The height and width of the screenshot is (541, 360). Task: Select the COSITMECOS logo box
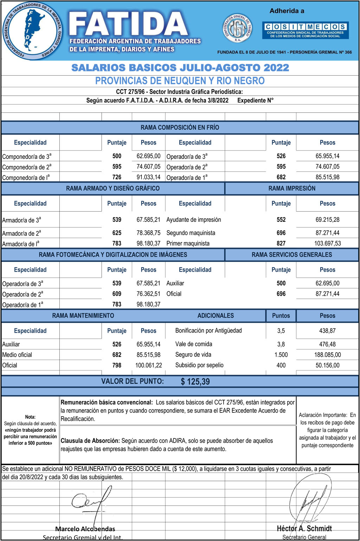(305, 30)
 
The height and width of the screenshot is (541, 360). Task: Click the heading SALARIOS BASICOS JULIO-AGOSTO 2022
(180, 68)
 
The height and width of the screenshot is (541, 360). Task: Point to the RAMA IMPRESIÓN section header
(292, 188)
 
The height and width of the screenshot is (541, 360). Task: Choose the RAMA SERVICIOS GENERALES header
(292, 255)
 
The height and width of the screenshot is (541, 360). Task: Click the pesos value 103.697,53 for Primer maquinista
(327, 243)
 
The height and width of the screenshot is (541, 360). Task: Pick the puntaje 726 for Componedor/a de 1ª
(117, 177)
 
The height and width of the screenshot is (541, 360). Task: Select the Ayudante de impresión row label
(194, 220)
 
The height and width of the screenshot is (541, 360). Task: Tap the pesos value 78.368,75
(148, 233)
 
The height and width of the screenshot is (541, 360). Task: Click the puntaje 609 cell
(117, 294)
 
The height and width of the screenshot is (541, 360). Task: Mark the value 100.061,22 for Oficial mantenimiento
(148, 365)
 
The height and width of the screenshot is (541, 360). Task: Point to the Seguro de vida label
(193, 355)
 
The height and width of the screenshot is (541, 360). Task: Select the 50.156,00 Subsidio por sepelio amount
(327, 365)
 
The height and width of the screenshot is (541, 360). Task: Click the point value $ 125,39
(195, 381)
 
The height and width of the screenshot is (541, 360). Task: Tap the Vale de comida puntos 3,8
(281, 344)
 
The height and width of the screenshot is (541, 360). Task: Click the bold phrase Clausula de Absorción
(90, 440)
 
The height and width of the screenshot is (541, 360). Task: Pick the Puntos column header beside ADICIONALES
(281, 316)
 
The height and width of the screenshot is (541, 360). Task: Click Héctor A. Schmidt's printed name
(304, 528)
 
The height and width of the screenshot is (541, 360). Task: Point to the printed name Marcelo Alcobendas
(85, 529)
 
